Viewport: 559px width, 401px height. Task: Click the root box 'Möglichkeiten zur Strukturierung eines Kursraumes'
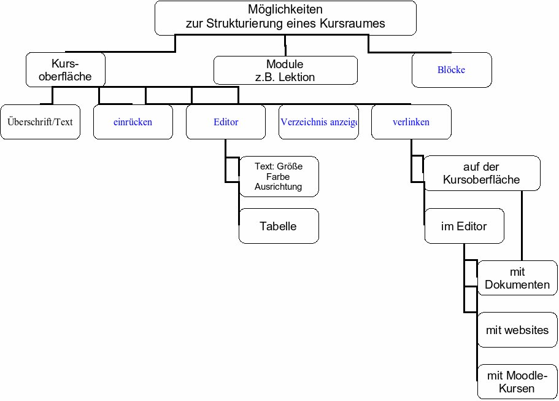click(x=285, y=17)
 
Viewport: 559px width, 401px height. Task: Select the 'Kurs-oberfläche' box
click(x=66, y=69)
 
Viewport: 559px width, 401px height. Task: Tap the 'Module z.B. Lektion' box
click(x=285, y=70)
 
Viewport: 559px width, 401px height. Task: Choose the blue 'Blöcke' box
click(x=452, y=69)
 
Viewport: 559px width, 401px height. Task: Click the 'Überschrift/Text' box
click(x=40, y=122)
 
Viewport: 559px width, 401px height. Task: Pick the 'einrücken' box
click(x=133, y=122)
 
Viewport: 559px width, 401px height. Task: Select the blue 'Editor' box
click(x=226, y=122)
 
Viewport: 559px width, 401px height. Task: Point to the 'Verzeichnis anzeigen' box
click(x=318, y=122)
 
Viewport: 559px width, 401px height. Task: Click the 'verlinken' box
click(x=411, y=122)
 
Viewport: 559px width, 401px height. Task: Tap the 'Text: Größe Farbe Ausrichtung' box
click(x=279, y=176)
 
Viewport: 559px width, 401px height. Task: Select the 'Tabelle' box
click(x=279, y=226)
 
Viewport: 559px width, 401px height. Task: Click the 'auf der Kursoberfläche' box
click(x=482, y=173)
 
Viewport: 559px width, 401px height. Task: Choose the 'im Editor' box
click(x=464, y=226)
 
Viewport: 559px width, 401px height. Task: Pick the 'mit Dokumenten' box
click(x=517, y=278)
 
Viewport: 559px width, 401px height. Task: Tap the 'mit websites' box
click(x=517, y=330)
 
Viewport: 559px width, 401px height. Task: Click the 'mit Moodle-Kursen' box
click(x=517, y=381)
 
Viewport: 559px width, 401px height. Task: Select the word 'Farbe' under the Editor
click(x=278, y=176)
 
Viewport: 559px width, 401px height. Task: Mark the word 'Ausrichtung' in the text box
click(x=278, y=186)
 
